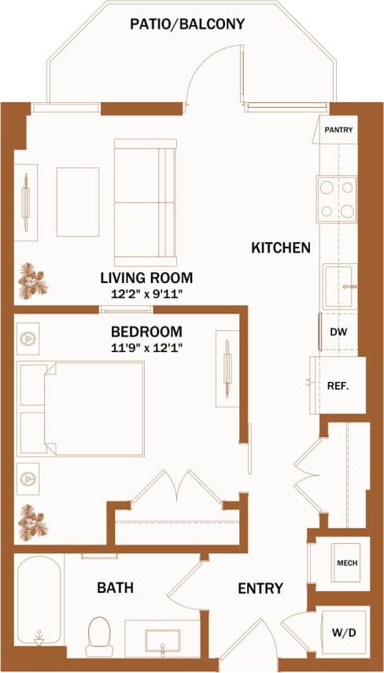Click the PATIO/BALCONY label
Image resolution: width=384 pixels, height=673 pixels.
188,24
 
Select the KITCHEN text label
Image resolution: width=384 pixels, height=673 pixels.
281,248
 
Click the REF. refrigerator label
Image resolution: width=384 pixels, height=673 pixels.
338,385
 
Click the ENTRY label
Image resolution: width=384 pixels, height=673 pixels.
260,588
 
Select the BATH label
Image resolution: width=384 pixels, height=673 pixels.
115,587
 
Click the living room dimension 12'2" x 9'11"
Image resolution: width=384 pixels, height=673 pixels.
147,294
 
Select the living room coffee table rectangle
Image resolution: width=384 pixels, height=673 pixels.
78,201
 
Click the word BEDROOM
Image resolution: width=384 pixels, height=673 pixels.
146,332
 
